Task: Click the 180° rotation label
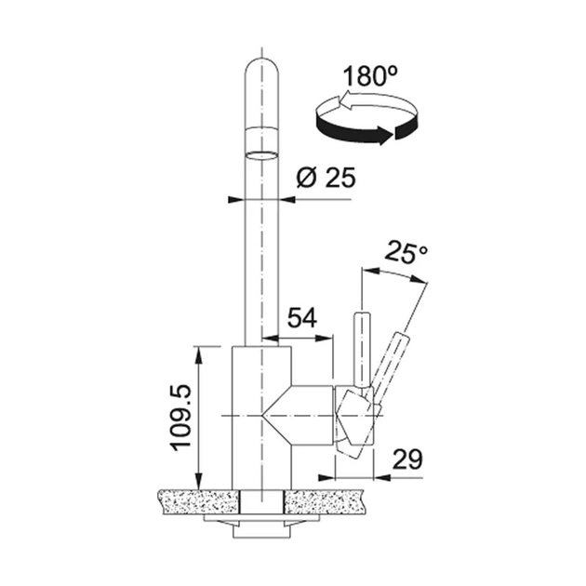click(370, 75)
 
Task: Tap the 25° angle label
click(406, 252)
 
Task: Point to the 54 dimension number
click(302, 318)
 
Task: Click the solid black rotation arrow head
click(383, 135)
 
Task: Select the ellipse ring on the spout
click(262, 155)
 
